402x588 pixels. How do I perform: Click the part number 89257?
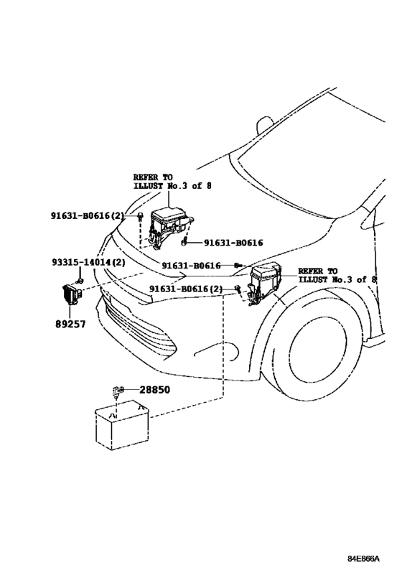(x=70, y=324)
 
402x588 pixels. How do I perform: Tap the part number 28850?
(x=154, y=390)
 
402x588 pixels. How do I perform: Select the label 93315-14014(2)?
(x=88, y=262)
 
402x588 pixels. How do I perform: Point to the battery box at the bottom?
(x=122, y=425)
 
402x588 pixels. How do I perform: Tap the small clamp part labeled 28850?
(x=117, y=391)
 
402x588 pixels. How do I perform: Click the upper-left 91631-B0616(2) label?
(x=88, y=215)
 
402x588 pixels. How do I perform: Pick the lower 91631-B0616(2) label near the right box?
(x=186, y=289)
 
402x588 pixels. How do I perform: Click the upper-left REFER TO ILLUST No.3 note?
(x=172, y=181)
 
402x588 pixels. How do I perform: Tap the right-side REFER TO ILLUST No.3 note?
(x=337, y=275)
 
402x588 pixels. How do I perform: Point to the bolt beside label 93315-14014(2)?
(x=80, y=281)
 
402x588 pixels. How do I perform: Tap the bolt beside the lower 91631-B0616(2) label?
(x=237, y=289)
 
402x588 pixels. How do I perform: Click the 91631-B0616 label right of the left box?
(x=233, y=243)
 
